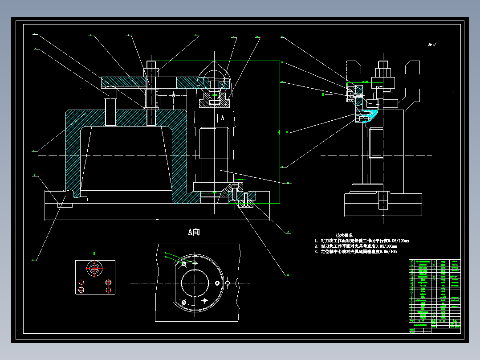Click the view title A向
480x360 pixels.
(194, 232)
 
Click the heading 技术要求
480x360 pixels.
(344, 235)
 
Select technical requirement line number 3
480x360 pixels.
(356, 252)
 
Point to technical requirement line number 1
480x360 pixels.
(362, 241)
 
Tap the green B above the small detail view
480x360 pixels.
(94, 254)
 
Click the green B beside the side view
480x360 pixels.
(323, 94)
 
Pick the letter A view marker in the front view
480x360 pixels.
(223, 118)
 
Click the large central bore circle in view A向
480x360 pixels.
(195, 283)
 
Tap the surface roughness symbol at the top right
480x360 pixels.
(432, 45)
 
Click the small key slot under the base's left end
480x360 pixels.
(65, 205)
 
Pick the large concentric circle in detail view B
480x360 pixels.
(94, 268)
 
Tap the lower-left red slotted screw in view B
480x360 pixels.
(81, 290)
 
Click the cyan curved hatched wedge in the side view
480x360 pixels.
(370, 115)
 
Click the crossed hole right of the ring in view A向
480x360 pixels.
(228, 283)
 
